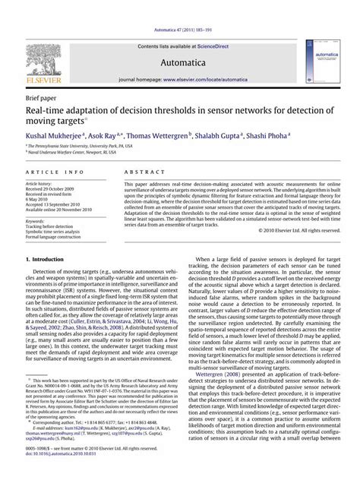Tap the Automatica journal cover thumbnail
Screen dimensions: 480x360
click(x=319, y=62)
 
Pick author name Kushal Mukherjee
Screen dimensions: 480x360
click(x=55, y=134)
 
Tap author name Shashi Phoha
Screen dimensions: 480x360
click(x=264, y=134)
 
